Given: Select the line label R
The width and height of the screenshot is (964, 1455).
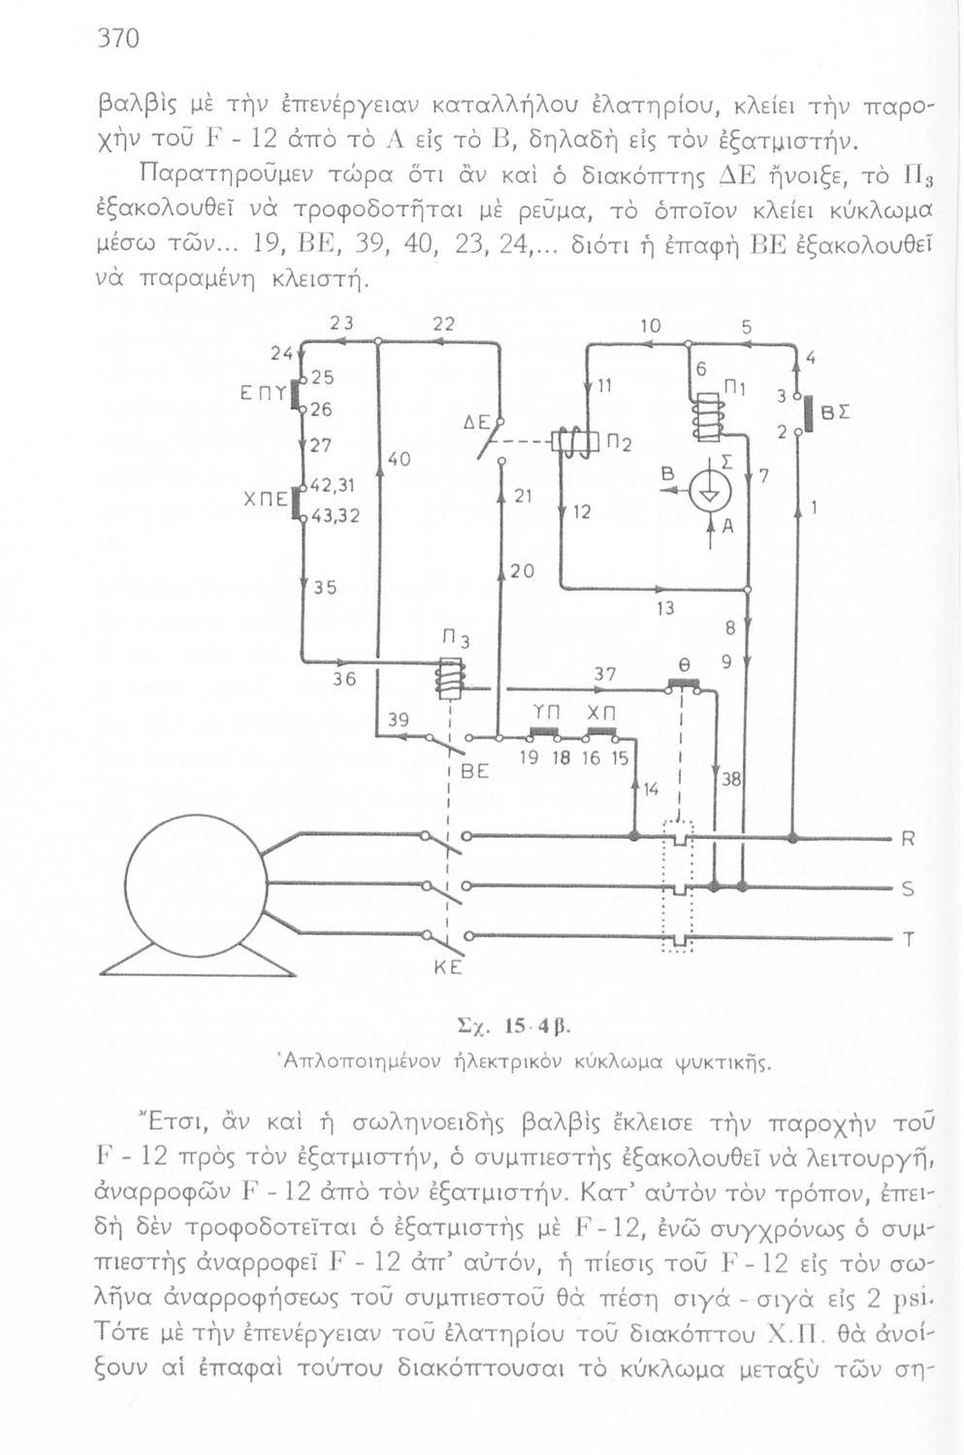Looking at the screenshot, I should click(x=908, y=838).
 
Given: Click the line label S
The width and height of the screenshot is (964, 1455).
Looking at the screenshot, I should click(x=908, y=888).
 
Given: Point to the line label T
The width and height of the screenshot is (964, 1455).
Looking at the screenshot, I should click(x=909, y=939).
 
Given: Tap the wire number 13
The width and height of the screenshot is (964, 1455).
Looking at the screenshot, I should click(x=664, y=609).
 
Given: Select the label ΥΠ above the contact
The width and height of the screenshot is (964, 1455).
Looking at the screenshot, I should click(x=541, y=712).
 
